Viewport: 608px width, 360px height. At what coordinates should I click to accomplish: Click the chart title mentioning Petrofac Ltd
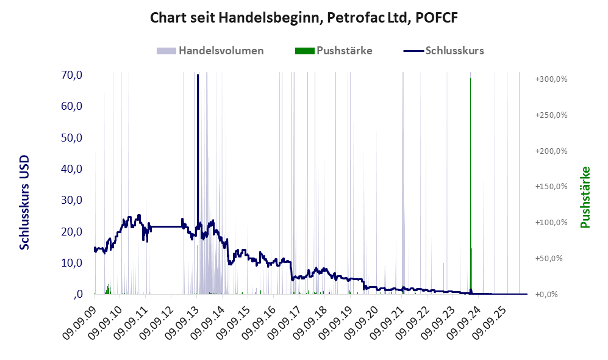304,18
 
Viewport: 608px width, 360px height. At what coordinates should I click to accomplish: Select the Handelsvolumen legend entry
210,51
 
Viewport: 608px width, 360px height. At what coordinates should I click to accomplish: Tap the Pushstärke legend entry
334,51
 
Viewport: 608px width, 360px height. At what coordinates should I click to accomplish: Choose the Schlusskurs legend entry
443,51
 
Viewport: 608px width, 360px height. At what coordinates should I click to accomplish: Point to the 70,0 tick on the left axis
72,75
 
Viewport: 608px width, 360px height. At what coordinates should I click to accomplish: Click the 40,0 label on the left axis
72,169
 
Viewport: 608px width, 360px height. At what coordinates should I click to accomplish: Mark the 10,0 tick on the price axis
72,262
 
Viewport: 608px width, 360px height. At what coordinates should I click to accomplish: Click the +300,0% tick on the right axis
551,79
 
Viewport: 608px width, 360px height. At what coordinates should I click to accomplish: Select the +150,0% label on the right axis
551,187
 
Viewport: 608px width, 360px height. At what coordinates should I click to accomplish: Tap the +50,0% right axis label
549,258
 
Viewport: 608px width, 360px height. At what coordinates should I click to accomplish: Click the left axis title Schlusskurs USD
24,203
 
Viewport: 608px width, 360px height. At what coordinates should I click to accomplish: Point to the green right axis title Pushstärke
585,198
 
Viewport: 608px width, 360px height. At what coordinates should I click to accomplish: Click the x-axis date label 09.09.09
80,322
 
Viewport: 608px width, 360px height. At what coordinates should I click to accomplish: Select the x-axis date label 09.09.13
182,322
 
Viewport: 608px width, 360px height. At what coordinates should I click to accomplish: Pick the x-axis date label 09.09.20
362,322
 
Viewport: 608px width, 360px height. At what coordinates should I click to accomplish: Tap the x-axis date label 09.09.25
490,322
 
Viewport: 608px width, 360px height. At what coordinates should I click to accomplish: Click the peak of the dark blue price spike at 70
198,75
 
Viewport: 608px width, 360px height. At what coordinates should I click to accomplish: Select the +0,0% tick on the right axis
546,295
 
